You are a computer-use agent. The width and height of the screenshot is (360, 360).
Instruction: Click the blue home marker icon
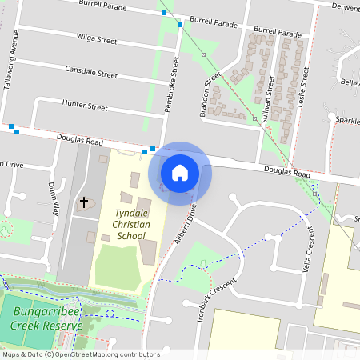pos(180,172)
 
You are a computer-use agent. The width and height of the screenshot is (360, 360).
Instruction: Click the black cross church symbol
pos(83,202)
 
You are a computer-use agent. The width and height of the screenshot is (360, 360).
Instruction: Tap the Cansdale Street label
pos(91,71)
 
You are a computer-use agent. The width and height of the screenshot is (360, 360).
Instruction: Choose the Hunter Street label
pos(85,106)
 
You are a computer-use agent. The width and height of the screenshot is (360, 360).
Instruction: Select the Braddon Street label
pos(211,95)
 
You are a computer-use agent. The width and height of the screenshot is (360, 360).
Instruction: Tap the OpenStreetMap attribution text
pos(81,354)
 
